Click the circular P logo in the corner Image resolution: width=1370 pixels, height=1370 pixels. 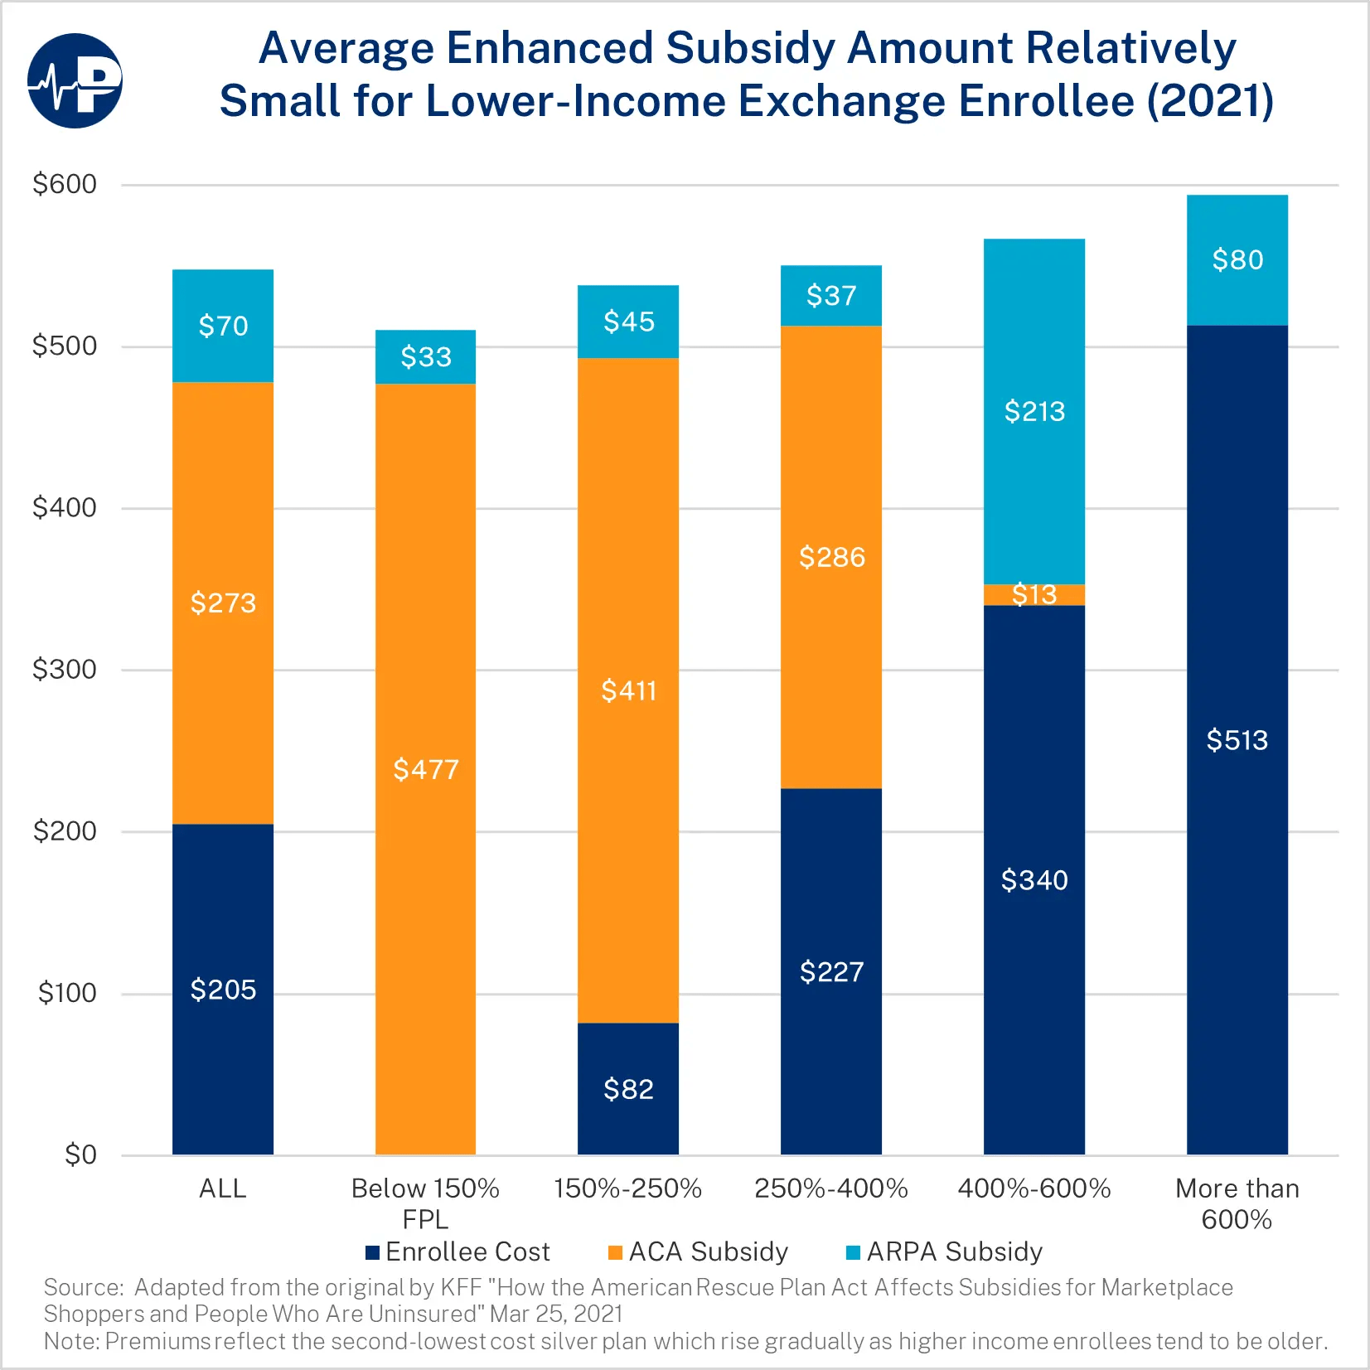click(x=75, y=80)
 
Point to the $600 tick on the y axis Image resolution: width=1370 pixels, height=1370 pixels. click(x=65, y=184)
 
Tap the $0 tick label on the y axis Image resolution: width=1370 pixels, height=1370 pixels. click(x=80, y=1155)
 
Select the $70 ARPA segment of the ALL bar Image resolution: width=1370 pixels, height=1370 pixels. click(x=223, y=326)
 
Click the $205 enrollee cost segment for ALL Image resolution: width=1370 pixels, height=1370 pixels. click(x=223, y=989)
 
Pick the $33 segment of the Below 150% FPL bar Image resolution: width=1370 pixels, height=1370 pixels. click(x=425, y=357)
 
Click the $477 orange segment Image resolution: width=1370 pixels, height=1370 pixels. click(x=425, y=769)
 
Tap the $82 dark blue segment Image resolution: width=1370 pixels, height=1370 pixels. click(x=628, y=1088)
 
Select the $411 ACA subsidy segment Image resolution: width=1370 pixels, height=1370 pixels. click(x=628, y=690)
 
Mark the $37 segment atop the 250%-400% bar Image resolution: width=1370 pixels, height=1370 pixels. click(x=831, y=296)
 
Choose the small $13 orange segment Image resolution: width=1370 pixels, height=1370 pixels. click(x=1034, y=594)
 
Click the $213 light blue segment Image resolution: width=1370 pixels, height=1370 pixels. click(x=1034, y=411)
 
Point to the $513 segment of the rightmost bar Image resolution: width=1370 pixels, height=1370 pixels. click(x=1237, y=739)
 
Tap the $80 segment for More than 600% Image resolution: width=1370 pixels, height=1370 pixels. click(x=1237, y=260)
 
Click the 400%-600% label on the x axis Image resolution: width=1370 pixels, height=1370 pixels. click(x=1034, y=1188)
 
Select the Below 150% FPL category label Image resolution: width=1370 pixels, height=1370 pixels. click(x=425, y=1203)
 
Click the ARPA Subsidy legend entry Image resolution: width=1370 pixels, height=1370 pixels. click(x=945, y=1251)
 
